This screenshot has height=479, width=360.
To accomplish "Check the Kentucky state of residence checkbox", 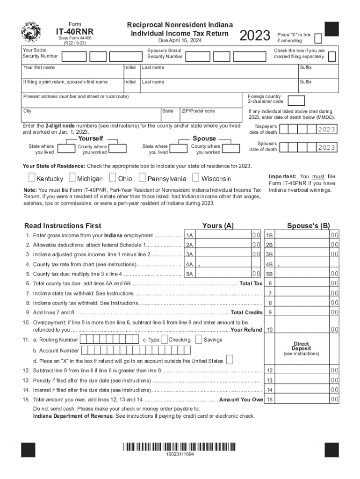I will (x=31, y=178).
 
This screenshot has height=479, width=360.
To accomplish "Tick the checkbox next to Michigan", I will (x=72, y=178).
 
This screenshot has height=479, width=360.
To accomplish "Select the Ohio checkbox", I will (x=113, y=178).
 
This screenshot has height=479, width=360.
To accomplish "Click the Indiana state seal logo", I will (x=31, y=32).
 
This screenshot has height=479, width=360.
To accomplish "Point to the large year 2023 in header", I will (x=255, y=35).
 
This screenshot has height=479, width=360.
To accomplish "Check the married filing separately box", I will (x=332, y=57).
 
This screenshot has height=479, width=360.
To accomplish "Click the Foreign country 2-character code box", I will (x=297, y=101).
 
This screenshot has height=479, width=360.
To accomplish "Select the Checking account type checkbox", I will (x=164, y=340).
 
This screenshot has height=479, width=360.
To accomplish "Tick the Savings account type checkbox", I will (x=199, y=340).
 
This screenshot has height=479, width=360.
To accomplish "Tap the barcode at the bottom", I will (x=180, y=447).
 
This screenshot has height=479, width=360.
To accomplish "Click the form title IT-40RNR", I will (x=75, y=32).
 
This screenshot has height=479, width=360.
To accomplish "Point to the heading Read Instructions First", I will (x=63, y=226).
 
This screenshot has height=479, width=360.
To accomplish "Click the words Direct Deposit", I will (x=301, y=346).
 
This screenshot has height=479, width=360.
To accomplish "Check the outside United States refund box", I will (x=230, y=360).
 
